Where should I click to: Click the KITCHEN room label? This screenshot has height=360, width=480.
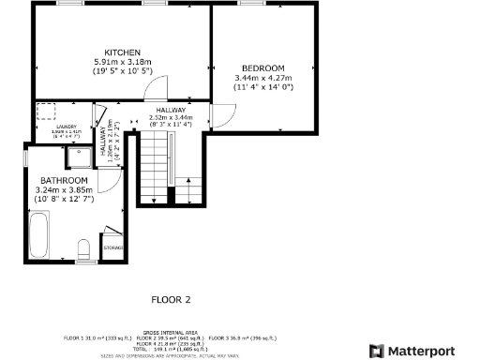click(x=123, y=52)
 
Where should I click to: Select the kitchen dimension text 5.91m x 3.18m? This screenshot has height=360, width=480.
click(x=123, y=62)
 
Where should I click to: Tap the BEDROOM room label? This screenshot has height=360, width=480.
click(x=263, y=68)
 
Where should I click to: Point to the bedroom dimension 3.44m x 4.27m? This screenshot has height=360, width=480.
click(x=263, y=79)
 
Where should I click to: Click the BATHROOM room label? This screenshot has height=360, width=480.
click(x=64, y=180)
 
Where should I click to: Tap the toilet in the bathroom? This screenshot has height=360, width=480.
click(x=83, y=249)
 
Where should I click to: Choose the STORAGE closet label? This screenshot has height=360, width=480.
click(x=112, y=247)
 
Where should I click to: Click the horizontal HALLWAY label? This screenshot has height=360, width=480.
click(x=171, y=109)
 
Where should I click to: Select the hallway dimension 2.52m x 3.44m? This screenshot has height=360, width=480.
click(x=171, y=117)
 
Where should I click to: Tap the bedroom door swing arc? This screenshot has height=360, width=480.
click(x=222, y=114)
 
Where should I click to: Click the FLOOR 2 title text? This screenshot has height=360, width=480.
click(x=172, y=300)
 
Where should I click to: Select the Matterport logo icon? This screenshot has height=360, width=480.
click(x=377, y=351)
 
